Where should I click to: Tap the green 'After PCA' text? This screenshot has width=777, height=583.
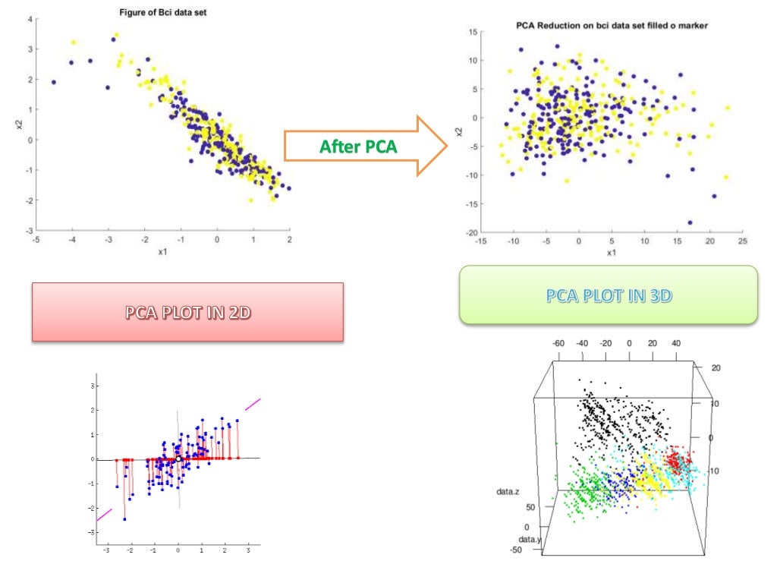point(358,147)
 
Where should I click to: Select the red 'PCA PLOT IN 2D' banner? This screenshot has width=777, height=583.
point(187,312)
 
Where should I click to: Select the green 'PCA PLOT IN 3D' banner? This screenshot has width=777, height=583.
point(609,295)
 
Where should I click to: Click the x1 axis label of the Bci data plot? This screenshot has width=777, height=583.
point(162,251)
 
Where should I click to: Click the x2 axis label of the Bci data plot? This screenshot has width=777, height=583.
point(18,124)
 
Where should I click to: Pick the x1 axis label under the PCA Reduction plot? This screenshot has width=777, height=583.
point(612,253)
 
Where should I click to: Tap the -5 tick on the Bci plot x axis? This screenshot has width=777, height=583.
point(36,240)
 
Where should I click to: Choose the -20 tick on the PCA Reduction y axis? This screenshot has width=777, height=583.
point(473,233)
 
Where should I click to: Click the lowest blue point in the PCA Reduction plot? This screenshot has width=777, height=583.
point(690,222)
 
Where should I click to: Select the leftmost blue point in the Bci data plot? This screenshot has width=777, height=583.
point(53,82)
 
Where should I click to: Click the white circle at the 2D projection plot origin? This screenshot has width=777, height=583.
point(178,459)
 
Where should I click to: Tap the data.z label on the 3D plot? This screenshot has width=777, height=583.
point(508,492)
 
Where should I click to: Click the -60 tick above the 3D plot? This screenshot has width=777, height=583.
point(558,343)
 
